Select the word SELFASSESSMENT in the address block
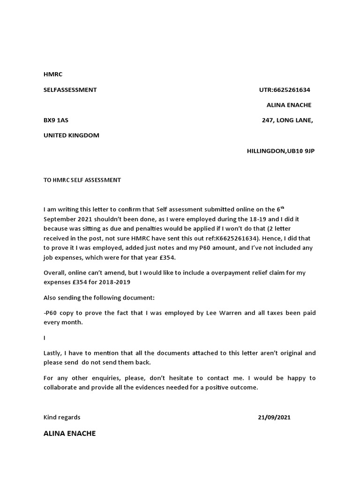point(70,90)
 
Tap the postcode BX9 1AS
point(56,120)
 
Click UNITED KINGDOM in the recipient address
point(71,135)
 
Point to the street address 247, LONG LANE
point(287,120)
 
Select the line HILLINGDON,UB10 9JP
point(281,151)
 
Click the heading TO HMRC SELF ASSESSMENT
point(82,180)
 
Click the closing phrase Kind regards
point(61,417)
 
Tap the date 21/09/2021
point(274,417)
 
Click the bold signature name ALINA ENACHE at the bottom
point(69,434)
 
